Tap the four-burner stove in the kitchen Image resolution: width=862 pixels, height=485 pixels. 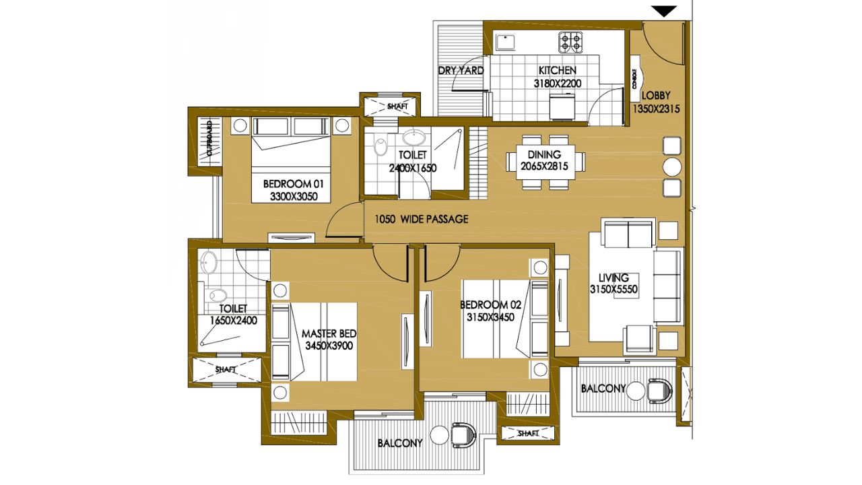pos(570,42)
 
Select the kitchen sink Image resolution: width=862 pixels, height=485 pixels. pos(505,42)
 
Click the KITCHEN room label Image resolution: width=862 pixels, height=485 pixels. pos(557,71)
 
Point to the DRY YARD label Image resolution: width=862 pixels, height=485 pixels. pos(461,71)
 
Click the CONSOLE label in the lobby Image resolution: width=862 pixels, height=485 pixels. pos(634,79)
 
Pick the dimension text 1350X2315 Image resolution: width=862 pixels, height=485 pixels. pos(656,109)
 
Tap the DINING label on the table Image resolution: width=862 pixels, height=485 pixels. pos(544,154)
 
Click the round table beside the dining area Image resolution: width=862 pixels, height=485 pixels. pos(672,166)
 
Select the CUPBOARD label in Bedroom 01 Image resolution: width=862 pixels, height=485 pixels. pos(209,139)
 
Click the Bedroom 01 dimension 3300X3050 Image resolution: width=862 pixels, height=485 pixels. pos(294,197)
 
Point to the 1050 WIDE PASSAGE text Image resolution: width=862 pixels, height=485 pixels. pos(422,220)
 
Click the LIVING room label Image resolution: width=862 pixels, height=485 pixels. pos(614,277)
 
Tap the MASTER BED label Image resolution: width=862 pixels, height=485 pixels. pos(329,333)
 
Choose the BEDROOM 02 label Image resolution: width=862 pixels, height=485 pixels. pos(491,305)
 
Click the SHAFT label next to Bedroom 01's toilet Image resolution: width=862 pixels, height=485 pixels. pos(397,106)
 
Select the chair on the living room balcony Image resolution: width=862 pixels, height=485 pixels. pos(659,391)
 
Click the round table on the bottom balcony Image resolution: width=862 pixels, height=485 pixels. pos(439,435)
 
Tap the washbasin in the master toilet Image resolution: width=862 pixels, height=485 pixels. pos(209,263)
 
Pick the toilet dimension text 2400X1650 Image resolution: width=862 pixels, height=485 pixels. pos(413,168)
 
